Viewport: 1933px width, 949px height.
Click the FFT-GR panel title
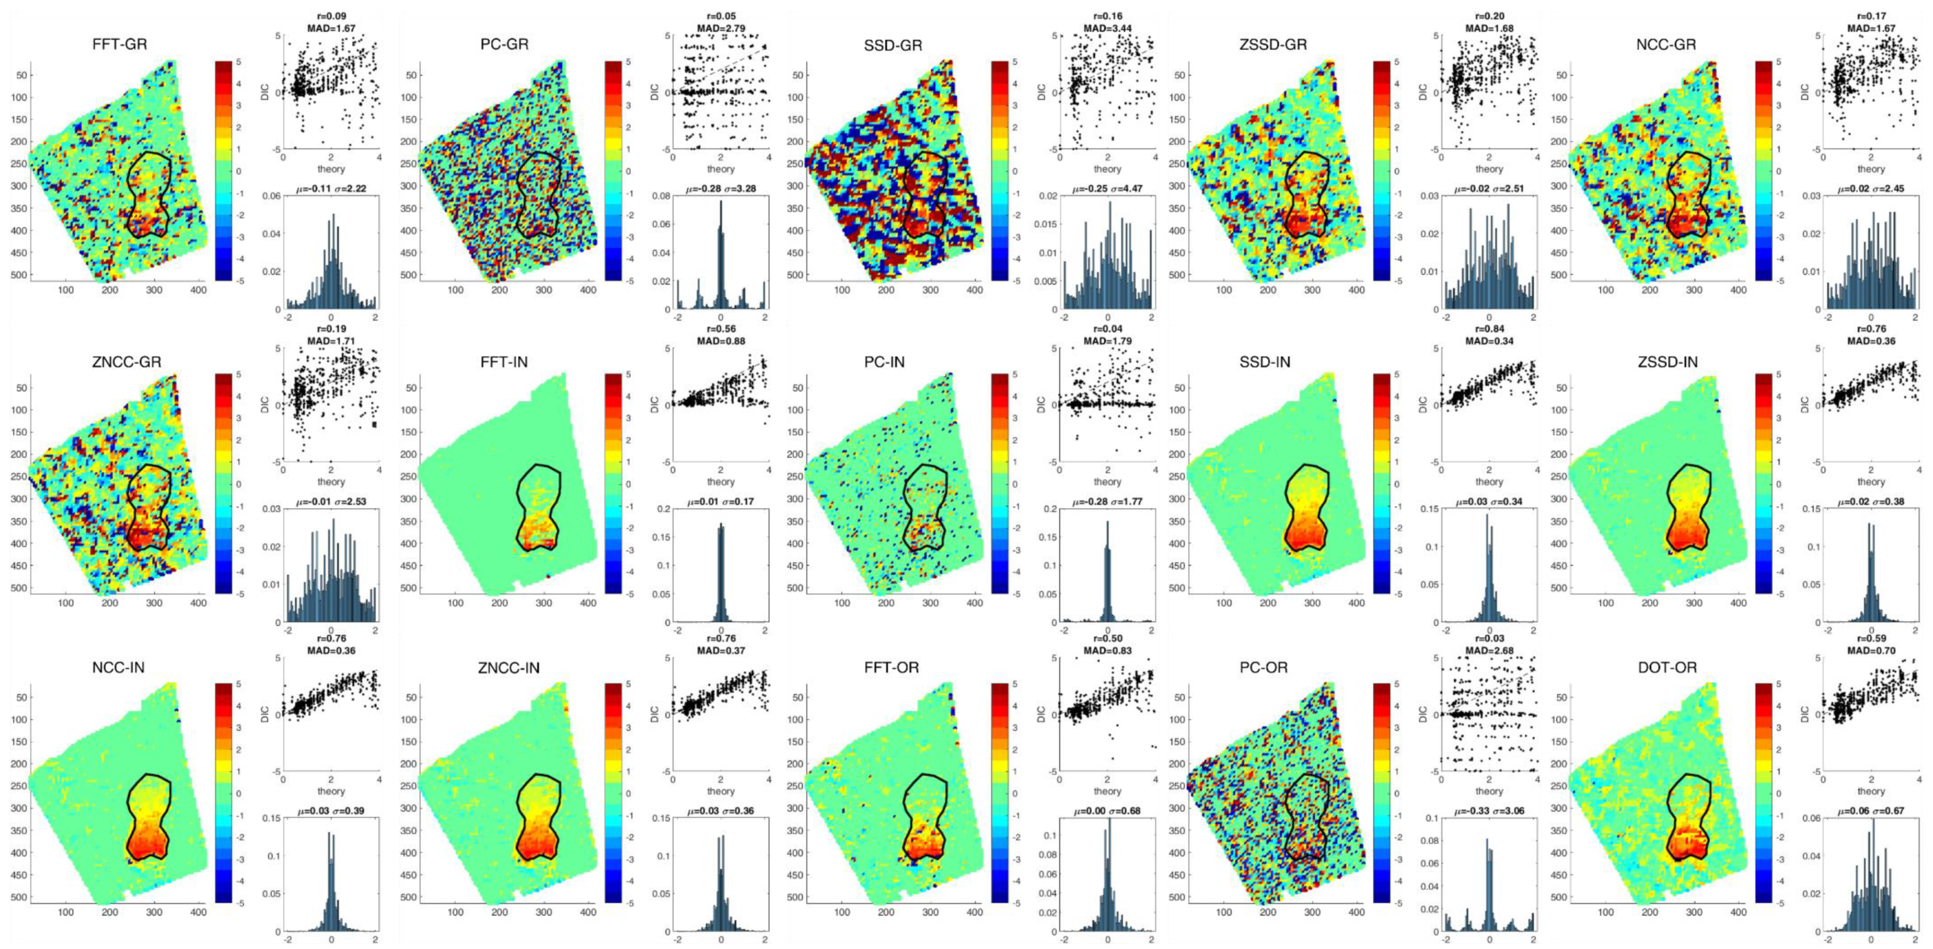pos(119,44)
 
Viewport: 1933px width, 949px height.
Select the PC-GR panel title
pos(504,44)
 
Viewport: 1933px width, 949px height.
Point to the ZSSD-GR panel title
pos(1274,44)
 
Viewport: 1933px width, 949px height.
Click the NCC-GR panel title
pos(1666,44)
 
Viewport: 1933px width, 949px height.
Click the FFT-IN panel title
pos(504,361)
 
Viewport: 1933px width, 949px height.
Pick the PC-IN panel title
pos(884,361)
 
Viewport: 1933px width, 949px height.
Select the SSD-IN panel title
pos(1265,361)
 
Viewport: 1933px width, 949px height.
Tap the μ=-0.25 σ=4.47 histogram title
pos(1107,189)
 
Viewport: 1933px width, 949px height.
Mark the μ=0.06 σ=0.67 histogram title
pos(1870,811)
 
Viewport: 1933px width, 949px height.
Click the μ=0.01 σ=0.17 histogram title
pos(720,501)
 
